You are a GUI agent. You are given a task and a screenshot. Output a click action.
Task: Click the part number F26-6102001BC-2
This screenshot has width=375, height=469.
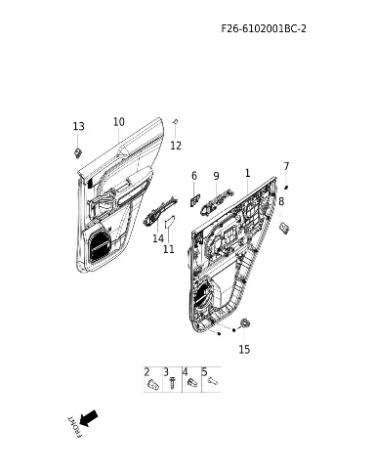pyautogui.click(x=264, y=28)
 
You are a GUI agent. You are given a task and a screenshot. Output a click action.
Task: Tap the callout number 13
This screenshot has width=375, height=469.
pyautogui.click(x=78, y=126)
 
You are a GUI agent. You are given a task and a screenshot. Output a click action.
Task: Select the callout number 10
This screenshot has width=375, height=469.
pyautogui.click(x=119, y=122)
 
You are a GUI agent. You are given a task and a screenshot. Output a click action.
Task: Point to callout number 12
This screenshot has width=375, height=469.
pyautogui.click(x=176, y=146)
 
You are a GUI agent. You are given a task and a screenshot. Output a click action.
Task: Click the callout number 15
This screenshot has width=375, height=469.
pyautogui.click(x=244, y=349)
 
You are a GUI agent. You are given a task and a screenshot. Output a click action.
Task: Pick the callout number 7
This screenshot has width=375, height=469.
pyautogui.click(x=286, y=166)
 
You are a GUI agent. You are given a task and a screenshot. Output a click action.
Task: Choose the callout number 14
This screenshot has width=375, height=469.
pyautogui.click(x=158, y=238)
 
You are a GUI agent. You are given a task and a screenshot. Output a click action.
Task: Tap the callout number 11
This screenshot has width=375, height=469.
pyautogui.click(x=169, y=249)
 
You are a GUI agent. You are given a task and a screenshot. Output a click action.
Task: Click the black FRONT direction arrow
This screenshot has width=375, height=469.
pyautogui.click(x=89, y=418)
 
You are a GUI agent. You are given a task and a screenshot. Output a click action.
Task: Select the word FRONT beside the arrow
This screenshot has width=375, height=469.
pyautogui.click(x=74, y=427)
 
